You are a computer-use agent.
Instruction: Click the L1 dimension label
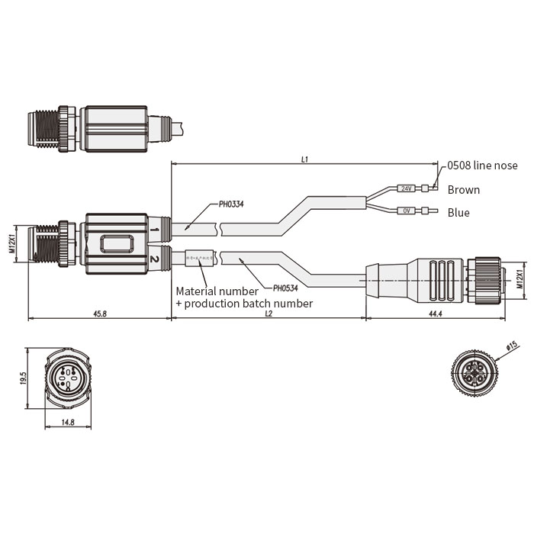pos(304,159)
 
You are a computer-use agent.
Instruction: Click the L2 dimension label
pos(269,314)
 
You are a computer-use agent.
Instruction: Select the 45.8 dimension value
pos(99,314)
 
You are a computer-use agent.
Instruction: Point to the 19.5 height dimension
pos(23,378)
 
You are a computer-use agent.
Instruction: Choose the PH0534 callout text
pos(285,288)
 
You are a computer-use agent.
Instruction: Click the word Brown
pos(464,190)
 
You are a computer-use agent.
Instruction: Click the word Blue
pos(458,213)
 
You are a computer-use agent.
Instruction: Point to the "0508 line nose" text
pos(482,166)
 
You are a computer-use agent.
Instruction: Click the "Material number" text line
pos(216,291)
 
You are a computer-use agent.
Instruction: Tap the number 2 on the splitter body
pos(155,259)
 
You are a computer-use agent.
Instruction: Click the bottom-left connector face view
pos(68,378)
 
